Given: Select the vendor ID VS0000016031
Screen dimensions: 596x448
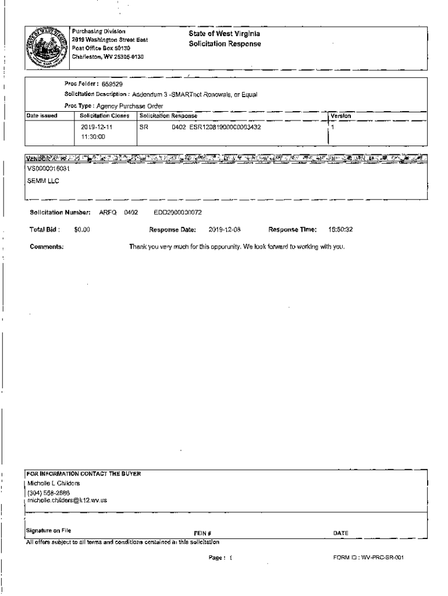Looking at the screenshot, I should coord(52,169).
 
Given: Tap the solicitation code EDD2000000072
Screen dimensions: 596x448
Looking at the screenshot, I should coord(177,213).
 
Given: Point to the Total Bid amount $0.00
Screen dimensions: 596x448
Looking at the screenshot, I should coord(81,229).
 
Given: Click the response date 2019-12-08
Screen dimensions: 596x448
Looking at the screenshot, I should coord(225,229).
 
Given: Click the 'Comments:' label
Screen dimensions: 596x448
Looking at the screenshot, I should coord(47,247).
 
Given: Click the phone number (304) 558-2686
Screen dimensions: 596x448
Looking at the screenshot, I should coord(52,492).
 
